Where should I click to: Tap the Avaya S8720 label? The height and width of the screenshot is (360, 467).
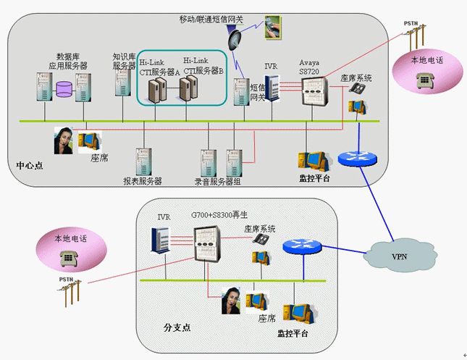click(x=313, y=67)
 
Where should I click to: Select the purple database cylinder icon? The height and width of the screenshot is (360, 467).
click(x=64, y=89)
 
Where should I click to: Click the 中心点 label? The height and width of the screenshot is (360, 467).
click(x=30, y=165)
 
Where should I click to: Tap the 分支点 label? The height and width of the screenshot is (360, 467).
click(x=177, y=327)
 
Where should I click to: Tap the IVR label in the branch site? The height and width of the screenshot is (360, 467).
click(x=163, y=217)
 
